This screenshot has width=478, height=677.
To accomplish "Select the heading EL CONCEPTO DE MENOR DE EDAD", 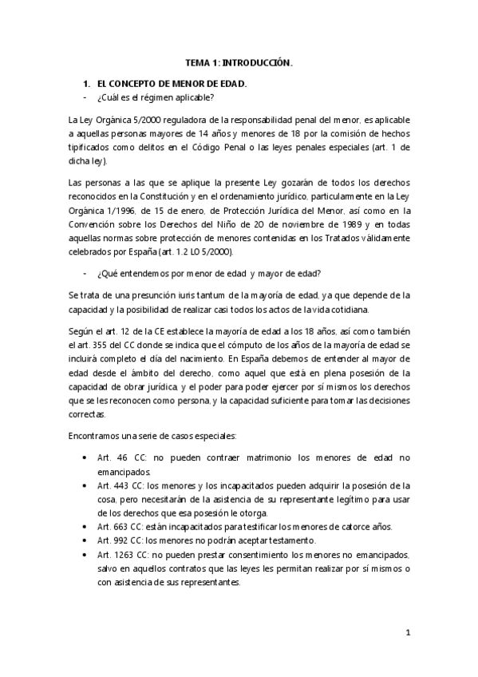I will pyautogui.click(x=172, y=83).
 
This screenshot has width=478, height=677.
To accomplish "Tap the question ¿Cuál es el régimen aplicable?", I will pyautogui.click(x=155, y=97).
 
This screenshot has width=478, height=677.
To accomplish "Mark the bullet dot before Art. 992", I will pyautogui.click(x=85, y=540).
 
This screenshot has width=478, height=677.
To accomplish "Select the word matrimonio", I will pyautogui.click(x=256, y=457).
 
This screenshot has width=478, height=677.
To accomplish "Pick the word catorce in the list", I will pyautogui.click(x=345, y=526).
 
